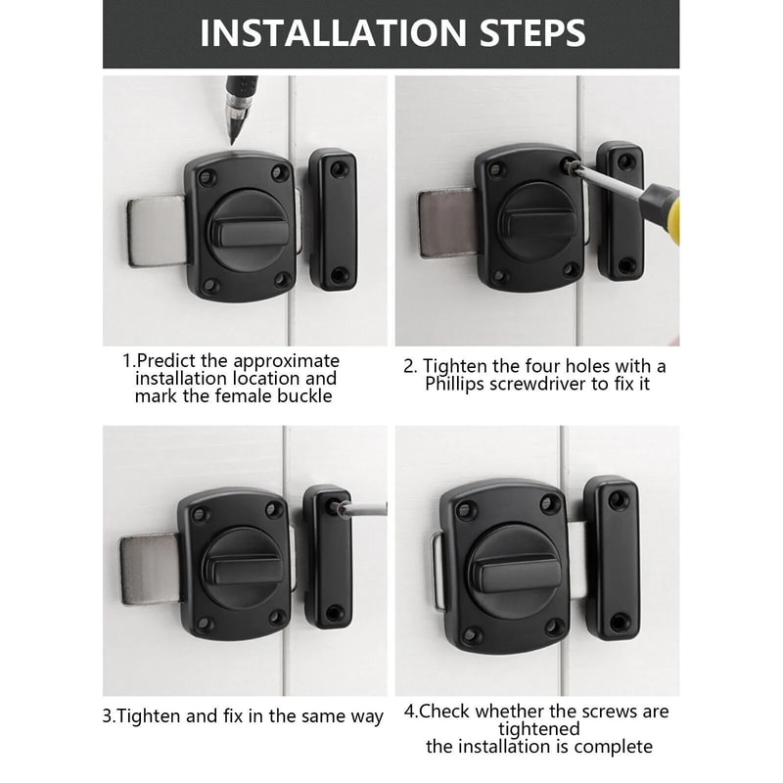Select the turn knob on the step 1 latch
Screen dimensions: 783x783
tap(244, 233)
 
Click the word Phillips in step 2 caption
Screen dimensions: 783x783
tap(465, 385)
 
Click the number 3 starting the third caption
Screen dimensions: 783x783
tap(108, 716)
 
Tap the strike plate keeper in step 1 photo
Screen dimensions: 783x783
tap(332, 220)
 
